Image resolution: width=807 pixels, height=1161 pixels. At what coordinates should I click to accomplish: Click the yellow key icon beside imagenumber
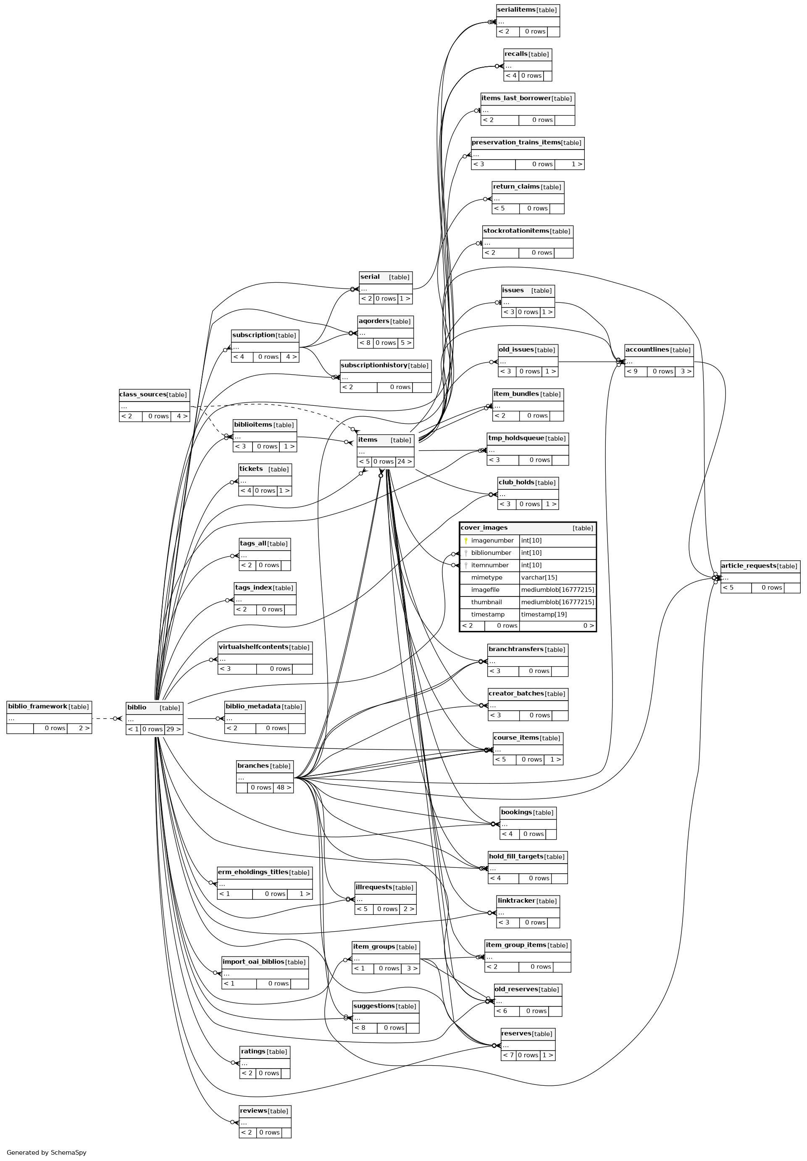[466, 541]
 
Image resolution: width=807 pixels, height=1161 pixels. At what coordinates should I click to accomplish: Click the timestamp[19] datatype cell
[544, 615]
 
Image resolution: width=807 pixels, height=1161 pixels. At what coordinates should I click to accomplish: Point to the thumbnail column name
[486, 602]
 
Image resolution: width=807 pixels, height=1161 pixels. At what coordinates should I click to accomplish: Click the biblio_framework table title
[37, 707]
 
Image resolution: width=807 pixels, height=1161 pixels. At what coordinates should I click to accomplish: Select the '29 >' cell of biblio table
[173, 729]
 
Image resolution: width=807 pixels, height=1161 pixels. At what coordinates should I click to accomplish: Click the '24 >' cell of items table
[405, 462]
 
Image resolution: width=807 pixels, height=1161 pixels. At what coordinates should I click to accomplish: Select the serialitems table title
[516, 10]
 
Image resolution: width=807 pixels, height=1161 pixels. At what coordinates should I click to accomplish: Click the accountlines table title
[647, 350]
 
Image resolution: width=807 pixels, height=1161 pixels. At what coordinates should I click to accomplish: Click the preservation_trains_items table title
[516, 142]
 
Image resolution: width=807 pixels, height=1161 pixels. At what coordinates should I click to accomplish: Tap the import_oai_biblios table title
[253, 962]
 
